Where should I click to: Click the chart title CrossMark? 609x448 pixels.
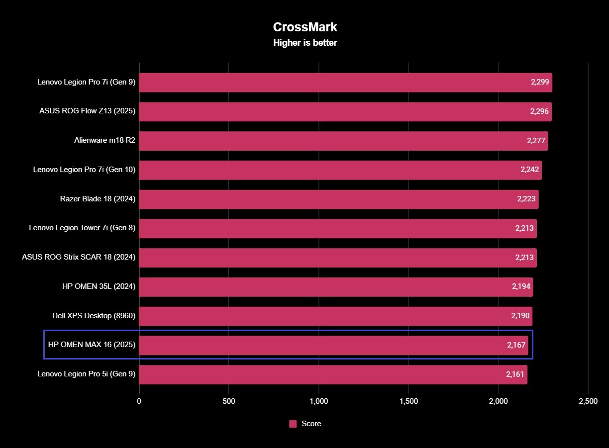pos(305,27)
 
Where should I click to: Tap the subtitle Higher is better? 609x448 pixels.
pos(305,43)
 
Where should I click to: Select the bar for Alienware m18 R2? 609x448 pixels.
pos(343,141)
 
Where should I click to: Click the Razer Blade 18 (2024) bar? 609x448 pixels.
pos(338,199)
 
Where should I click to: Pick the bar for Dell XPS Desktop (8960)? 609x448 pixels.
pos(335,316)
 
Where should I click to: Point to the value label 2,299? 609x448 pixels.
pos(540,82)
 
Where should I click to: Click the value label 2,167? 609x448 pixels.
pos(516,345)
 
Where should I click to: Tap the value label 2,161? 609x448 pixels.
pos(514,374)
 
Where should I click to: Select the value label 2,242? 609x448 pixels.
pos(529,170)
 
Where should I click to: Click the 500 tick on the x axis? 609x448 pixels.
pos(229,401)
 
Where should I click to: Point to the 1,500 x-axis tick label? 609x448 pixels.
pos(408,401)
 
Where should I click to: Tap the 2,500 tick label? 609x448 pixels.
pos(588,401)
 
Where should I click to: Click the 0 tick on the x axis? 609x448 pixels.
pos(139,401)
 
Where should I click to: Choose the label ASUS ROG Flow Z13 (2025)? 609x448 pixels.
pos(88,111)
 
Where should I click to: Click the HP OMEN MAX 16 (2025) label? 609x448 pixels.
pos(92,344)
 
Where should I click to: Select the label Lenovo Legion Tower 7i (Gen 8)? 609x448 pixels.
pos(82,228)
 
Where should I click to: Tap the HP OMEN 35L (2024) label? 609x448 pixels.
pos(98,286)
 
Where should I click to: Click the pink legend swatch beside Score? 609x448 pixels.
pos(293,424)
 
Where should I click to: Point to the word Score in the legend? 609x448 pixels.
pos(311,424)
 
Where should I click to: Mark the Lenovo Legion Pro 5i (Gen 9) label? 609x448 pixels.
pos(87,374)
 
